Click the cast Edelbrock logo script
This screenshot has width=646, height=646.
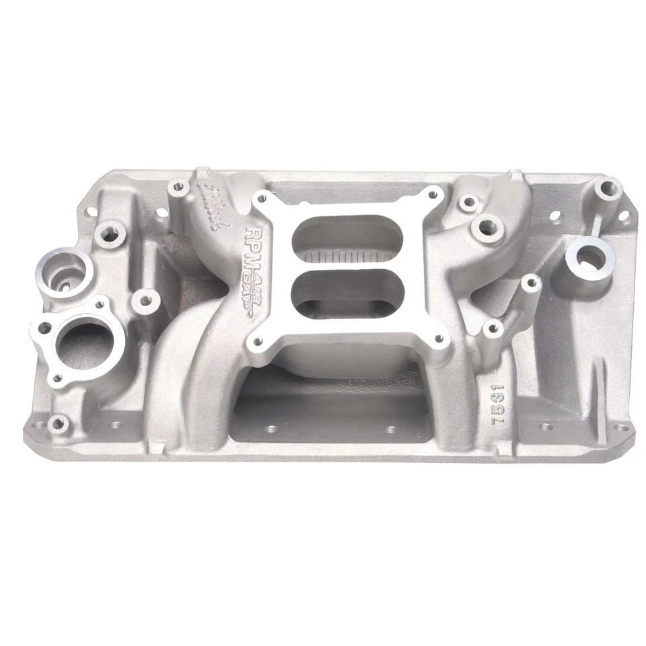[211, 205]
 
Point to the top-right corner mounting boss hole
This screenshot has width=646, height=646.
[609, 188]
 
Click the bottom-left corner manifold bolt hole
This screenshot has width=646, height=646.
[58, 423]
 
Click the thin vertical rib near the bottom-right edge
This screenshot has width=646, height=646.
[596, 397]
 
